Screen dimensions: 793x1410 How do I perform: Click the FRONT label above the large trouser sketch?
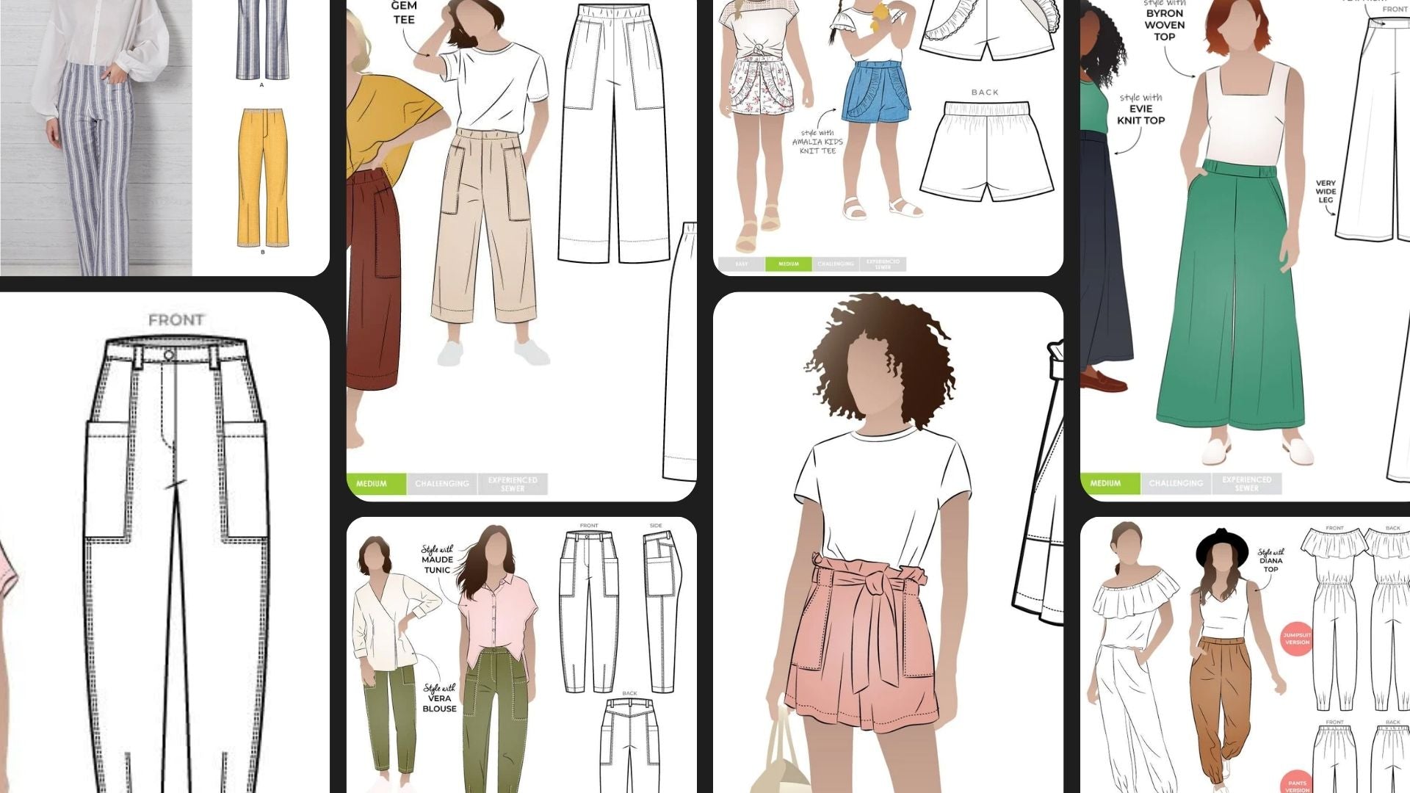point(176,320)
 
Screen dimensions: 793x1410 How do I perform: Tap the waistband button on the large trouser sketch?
point(169,355)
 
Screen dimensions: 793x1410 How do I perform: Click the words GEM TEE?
point(404,12)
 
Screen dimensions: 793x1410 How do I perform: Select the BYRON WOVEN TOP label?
point(1165,24)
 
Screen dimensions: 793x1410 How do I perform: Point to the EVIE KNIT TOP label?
point(1140,109)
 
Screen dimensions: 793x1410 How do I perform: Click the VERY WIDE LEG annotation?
point(1326,192)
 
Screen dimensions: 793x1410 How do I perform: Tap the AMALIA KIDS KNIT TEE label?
point(817,142)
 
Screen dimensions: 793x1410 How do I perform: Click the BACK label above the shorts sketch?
point(985,93)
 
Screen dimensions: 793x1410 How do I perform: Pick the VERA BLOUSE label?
point(439,698)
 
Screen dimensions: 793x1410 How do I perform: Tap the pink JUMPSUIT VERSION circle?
point(1297,638)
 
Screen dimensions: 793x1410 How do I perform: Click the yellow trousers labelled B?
point(262,177)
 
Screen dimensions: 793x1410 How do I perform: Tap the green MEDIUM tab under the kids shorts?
point(788,264)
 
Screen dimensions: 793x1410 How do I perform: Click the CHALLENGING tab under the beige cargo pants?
point(441,483)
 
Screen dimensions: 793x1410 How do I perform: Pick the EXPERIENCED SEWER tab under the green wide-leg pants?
point(1247,483)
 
